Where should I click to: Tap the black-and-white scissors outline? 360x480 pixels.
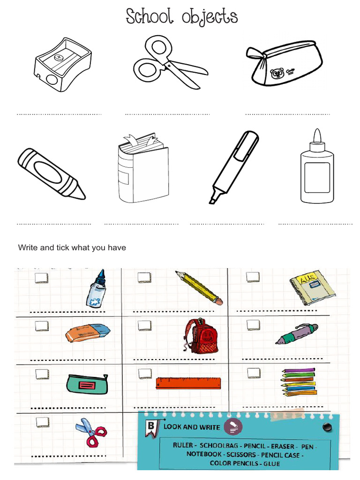(169, 63)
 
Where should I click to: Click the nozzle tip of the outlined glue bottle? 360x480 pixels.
(317, 135)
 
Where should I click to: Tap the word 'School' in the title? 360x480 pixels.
(150, 17)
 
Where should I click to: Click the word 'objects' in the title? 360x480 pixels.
(210, 18)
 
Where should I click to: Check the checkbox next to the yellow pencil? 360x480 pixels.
(144, 277)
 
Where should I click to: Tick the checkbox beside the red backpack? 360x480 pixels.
(144, 325)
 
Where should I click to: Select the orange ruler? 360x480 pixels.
(188, 383)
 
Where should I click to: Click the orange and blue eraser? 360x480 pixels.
(88, 332)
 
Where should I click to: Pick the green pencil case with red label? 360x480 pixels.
(87, 384)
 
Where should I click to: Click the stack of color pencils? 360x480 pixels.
(299, 382)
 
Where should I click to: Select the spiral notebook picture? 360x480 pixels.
(312, 286)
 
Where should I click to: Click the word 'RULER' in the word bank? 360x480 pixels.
(183, 445)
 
